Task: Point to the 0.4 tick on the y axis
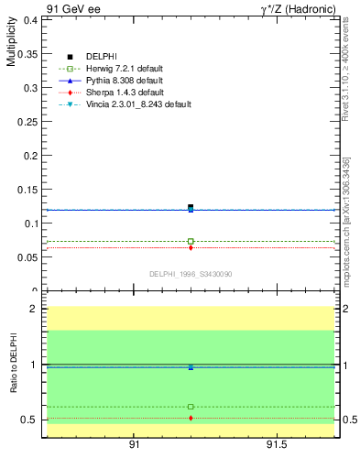tap(30, 19)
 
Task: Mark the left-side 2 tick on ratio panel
tap(33, 309)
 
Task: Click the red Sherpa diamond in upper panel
tap(191, 247)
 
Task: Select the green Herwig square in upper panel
tap(191, 241)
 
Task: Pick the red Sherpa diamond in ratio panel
tap(191, 418)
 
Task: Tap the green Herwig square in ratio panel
tap(191, 407)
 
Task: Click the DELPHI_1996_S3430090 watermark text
tap(191, 274)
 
